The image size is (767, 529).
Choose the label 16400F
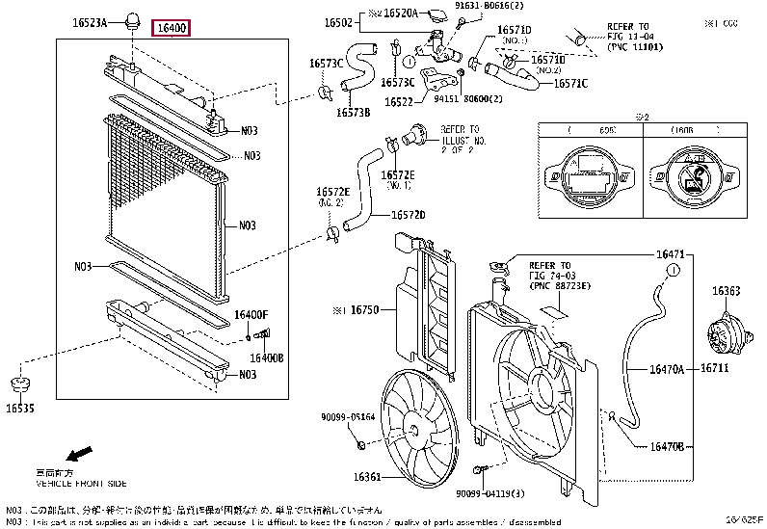tap(251, 315)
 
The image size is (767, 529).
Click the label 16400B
tap(267, 357)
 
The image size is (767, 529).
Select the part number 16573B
tap(353, 113)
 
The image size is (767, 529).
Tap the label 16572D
tap(409, 215)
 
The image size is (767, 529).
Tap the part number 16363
tap(726, 290)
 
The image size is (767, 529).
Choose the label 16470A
tap(665, 369)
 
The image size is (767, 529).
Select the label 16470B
tap(665, 447)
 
